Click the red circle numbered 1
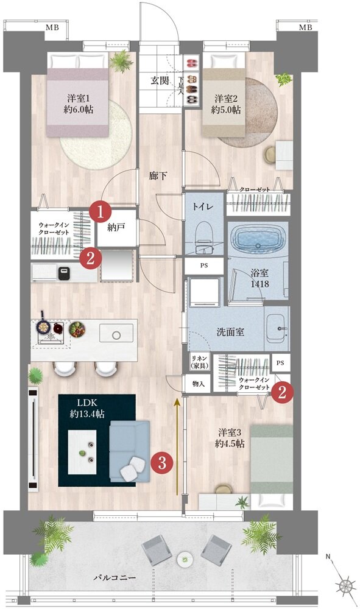[x=100, y=212]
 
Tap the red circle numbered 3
[x=162, y=462]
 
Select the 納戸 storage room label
[x=116, y=228]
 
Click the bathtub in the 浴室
[x=258, y=239]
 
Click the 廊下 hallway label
[x=158, y=175]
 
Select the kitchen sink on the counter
[x=116, y=334]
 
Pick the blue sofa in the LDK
[x=129, y=451]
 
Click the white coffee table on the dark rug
[x=82, y=452]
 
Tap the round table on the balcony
[x=185, y=560]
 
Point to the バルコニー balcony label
[x=115, y=577]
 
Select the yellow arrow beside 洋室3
[x=177, y=446]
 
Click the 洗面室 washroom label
[x=230, y=332]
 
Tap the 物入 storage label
[x=198, y=384]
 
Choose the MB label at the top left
[x=52, y=27]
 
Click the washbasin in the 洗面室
[x=277, y=328]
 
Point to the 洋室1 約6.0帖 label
[x=79, y=104]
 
